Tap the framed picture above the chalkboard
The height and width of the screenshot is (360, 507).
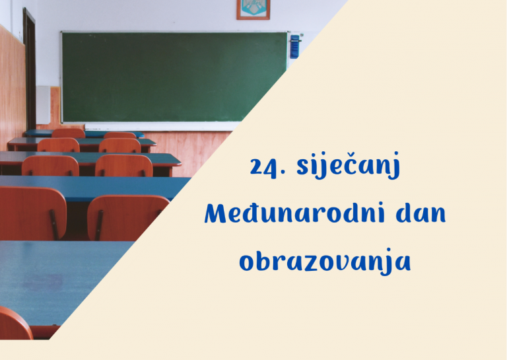point(253,9)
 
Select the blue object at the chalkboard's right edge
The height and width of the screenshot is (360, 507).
point(294,46)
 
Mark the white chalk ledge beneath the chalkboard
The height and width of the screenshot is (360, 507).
point(165,126)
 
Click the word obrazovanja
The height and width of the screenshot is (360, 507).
point(325,261)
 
